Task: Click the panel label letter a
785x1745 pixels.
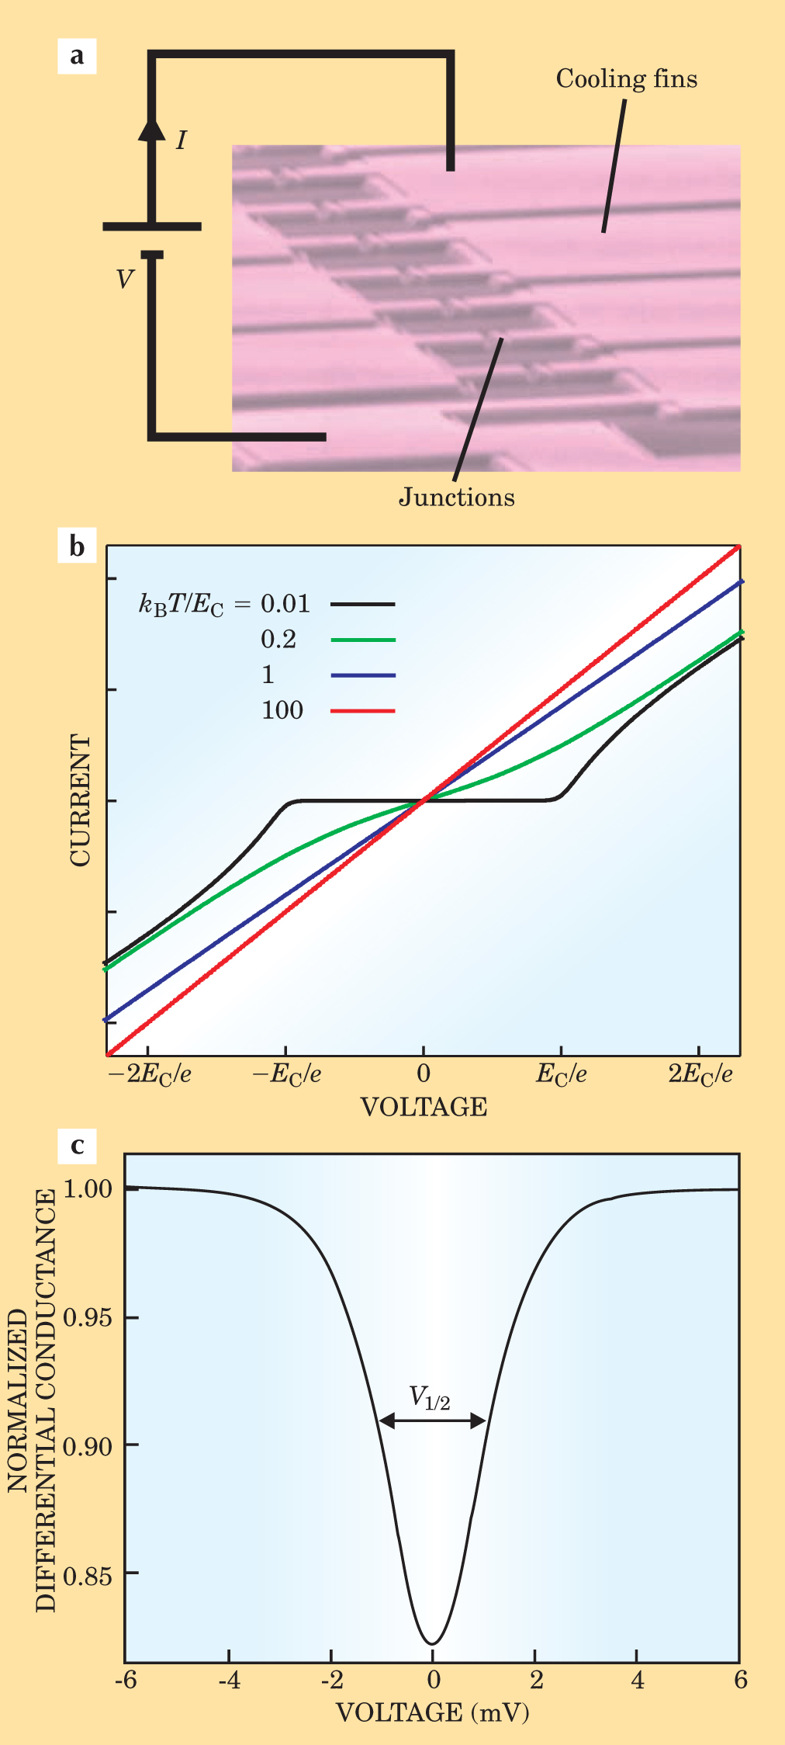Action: tap(77, 56)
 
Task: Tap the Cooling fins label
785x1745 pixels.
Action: tap(626, 79)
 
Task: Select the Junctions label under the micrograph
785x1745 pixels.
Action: tap(456, 497)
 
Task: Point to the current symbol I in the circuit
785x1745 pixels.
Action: tap(181, 140)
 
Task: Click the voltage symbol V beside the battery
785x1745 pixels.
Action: tap(125, 279)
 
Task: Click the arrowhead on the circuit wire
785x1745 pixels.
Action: tap(152, 127)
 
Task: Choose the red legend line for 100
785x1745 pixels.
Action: tap(363, 711)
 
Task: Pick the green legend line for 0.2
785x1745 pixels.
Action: tap(363, 640)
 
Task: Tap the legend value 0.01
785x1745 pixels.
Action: tap(285, 604)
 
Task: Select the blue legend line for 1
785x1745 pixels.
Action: tap(363, 675)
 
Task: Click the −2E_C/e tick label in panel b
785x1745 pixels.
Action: tap(149, 1074)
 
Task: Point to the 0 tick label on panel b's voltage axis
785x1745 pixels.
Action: tap(423, 1074)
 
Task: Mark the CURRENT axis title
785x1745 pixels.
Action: tap(80, 800)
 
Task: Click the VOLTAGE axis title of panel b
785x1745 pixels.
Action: tap(424, 1107)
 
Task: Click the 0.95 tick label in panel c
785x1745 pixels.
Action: tap(87, 1318)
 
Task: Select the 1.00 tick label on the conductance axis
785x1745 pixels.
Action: tap(87, 1189)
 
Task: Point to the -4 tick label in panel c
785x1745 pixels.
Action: tap(228, 1680)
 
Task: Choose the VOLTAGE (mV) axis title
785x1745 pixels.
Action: tap(432, 1712)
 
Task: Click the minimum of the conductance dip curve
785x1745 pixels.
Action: tap(432, 1643)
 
